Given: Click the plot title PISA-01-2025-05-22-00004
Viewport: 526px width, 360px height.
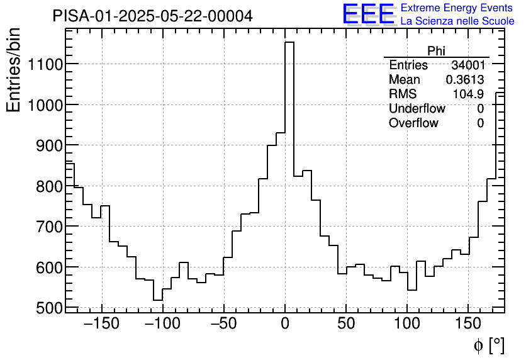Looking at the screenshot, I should pos(153,16).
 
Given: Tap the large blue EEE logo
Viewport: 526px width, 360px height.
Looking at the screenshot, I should pos(368,14).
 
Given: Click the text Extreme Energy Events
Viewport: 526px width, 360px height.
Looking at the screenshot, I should pos(457,8).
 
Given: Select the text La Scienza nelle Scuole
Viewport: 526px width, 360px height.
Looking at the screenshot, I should pos(457,21).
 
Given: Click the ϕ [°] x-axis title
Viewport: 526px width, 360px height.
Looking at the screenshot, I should pos(488,345).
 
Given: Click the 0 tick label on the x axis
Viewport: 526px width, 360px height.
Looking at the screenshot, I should pos(285,325).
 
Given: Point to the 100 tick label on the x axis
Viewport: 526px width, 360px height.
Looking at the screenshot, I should pos(407,325).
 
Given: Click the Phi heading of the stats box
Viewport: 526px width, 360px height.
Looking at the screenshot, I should pos(436,51).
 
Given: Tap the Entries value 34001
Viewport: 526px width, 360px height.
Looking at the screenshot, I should pos(467,65).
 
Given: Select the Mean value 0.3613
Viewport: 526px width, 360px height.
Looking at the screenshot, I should pos(464,80).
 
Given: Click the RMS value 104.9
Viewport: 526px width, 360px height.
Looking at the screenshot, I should pos(468,94).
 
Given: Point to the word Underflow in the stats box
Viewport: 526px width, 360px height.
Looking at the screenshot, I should pos(417,109).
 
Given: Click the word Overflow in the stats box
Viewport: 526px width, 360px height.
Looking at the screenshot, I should pos(413,123).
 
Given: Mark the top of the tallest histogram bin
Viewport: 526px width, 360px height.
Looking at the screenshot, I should pos(289,42).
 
